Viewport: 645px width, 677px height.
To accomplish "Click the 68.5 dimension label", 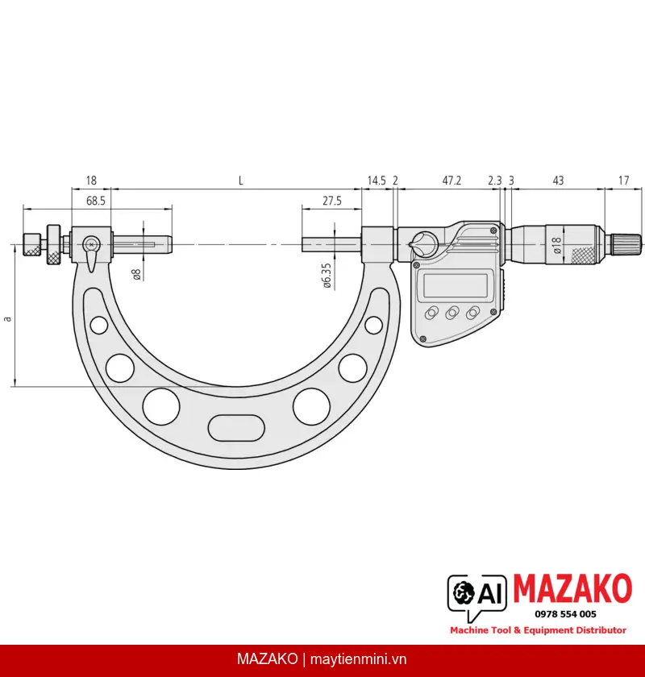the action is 95,201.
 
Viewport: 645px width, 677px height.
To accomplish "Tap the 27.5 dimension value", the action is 332,201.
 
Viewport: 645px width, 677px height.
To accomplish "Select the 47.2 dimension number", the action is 451,181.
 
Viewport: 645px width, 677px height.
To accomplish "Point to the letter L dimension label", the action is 240,181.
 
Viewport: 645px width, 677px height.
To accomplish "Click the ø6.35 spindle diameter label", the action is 327,276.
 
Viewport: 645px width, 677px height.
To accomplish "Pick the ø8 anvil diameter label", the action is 136,275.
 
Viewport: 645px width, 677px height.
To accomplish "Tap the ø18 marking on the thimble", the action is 556,245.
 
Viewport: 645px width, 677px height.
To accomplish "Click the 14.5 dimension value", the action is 377,181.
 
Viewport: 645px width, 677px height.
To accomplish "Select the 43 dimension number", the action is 558,181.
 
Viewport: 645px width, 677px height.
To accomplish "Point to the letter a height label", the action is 7,319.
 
